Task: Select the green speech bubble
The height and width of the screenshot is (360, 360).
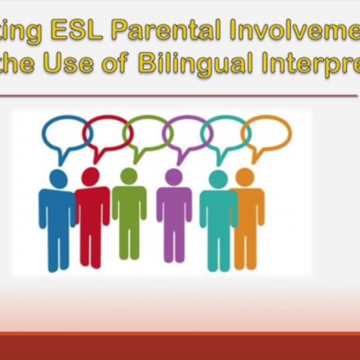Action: click(145, 132)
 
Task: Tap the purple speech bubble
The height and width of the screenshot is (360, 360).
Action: click(186, 132)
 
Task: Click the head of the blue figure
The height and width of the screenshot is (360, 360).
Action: click(58, 179)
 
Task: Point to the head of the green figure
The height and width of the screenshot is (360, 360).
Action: click(129, 176)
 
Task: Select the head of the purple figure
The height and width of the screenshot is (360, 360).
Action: click(174, 176)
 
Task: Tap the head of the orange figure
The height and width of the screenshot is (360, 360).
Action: click(245, 176)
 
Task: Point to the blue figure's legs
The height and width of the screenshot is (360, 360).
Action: click(58, 248)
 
